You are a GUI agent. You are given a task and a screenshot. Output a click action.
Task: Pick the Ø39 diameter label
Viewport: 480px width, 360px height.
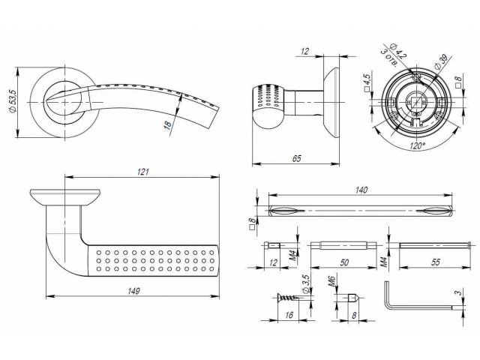(x=440, y=62)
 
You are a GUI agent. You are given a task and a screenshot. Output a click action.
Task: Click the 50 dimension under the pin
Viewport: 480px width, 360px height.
(x=343, y=262)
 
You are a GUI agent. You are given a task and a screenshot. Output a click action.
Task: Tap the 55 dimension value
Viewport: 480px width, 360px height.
(x=436, y=262)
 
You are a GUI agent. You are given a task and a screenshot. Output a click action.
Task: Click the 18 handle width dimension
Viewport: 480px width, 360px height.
(x=168, y=124)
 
